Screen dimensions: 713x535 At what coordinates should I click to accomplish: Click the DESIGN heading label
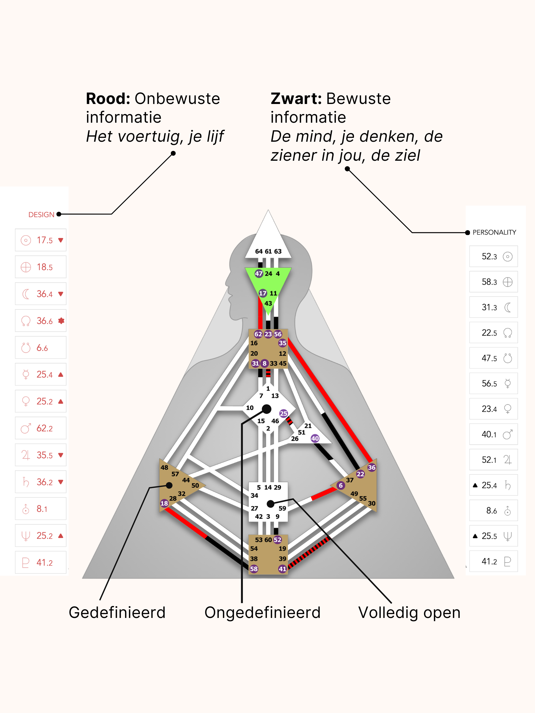[41, 215]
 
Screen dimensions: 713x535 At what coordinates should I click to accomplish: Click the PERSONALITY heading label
[494, 232]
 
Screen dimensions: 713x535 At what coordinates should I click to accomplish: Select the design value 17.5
[45, 240]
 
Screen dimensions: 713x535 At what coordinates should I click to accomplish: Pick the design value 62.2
[45, 428]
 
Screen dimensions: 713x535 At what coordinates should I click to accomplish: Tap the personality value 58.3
[489, 282]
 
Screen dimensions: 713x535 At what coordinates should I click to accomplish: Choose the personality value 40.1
[489, 435]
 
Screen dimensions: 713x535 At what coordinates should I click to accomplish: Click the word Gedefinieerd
[117, 612]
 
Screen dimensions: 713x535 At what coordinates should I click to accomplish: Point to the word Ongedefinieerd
[262, 612]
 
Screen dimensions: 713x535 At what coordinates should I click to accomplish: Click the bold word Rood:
[108, 99]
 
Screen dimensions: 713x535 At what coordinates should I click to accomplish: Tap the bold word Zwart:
[296, 99]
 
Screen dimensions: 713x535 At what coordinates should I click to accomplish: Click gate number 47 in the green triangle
[259, 274]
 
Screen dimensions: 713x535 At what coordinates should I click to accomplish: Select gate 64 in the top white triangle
[259, 251]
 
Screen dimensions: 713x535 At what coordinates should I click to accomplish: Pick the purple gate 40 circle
[315, 438]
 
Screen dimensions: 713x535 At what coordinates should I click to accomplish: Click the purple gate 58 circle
[254, 569]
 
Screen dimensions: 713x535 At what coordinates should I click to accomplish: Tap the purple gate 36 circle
[372, 467]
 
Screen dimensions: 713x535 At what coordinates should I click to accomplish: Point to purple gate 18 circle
[164, 503]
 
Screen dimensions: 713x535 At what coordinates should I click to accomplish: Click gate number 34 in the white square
[254, 496]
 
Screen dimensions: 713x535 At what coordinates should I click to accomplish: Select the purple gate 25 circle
[284, 413]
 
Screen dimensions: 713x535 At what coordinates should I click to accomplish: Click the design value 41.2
[45, 563]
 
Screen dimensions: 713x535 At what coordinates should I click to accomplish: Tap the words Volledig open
[409, 612]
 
